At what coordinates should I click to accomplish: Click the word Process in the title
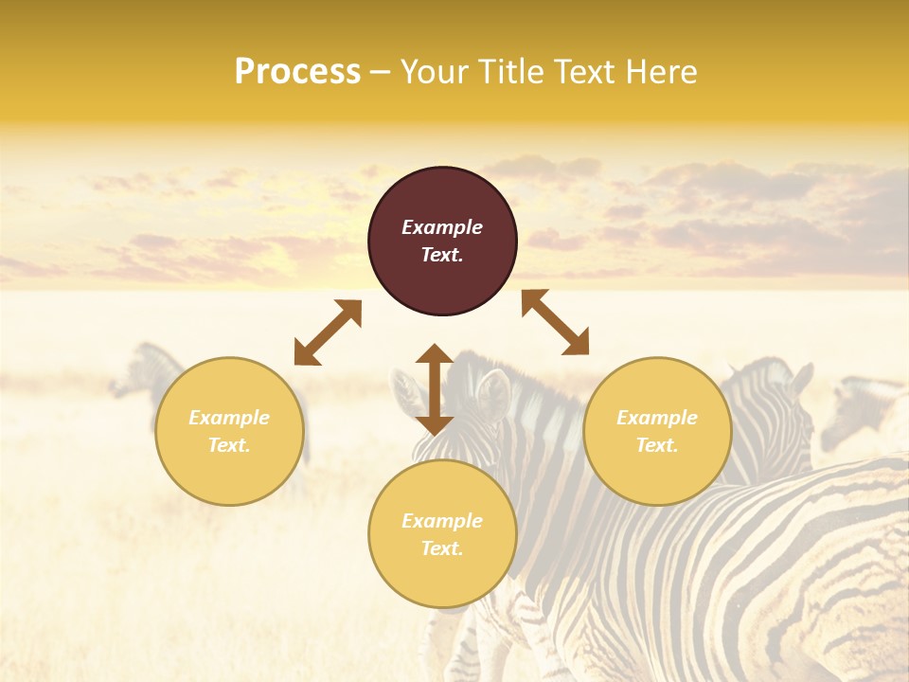tap(297, 72)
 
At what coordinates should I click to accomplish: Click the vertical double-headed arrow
tap(435, 389)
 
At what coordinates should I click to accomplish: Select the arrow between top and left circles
tap(328, 332)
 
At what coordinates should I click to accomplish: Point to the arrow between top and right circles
tap(556, 322)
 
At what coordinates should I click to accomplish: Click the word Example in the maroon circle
tap(442, 227)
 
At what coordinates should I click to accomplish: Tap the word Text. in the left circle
tap(229, 445)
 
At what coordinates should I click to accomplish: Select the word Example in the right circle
tap(657, 418)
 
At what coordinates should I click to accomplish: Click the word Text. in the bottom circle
tap(442, 548)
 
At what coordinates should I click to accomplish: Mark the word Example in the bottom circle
tap(442, 521)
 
